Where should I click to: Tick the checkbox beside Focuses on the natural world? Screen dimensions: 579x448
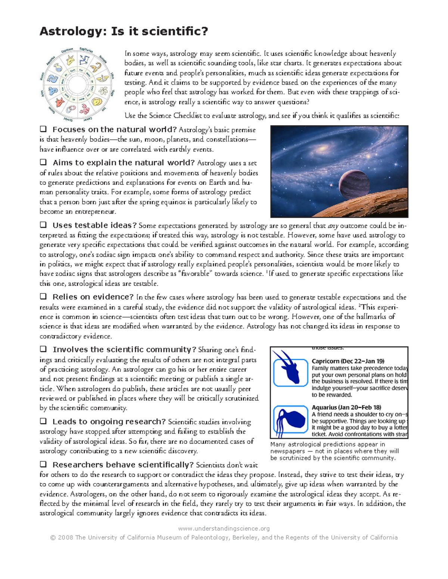[43, 129]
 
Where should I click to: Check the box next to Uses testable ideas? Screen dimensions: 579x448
[43, 225]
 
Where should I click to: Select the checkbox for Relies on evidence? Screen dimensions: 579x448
[43, 297]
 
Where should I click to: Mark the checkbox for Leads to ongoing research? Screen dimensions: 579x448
[43, 421]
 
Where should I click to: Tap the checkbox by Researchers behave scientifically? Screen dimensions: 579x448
[43, 465]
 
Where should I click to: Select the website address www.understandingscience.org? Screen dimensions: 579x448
[224, 528]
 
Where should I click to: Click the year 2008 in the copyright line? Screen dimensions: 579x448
[66, 538]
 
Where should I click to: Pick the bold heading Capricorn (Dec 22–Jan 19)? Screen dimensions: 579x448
[348, 361]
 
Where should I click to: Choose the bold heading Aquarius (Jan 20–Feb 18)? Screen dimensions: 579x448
[346, 407]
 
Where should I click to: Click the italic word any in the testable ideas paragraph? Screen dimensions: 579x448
[333, 226]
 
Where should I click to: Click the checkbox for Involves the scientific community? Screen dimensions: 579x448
[43, 349]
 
